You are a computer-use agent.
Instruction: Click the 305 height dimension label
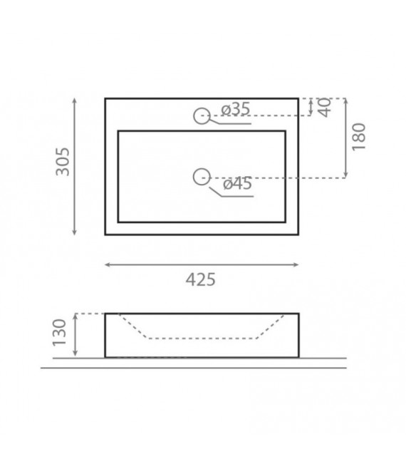tap(63, 163)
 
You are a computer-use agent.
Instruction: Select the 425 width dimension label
tap(200, 279)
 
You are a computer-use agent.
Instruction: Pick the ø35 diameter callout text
tap(235, 109)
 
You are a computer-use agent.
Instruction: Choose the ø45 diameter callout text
tap(238, 184)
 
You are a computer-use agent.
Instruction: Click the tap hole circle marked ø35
tap(202, 115)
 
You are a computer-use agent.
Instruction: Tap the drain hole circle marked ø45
tap(202, 177)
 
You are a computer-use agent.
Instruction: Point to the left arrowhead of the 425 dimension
tap(107, 265)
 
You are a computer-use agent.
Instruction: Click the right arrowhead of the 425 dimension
tap(296, 265)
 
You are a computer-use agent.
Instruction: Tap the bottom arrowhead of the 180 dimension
tap(345, 175)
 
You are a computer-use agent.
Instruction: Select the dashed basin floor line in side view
tap(202, 338)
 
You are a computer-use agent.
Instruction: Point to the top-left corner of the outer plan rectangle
tap(105, 98)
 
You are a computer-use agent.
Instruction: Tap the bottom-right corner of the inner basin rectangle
tap(286, 222)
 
